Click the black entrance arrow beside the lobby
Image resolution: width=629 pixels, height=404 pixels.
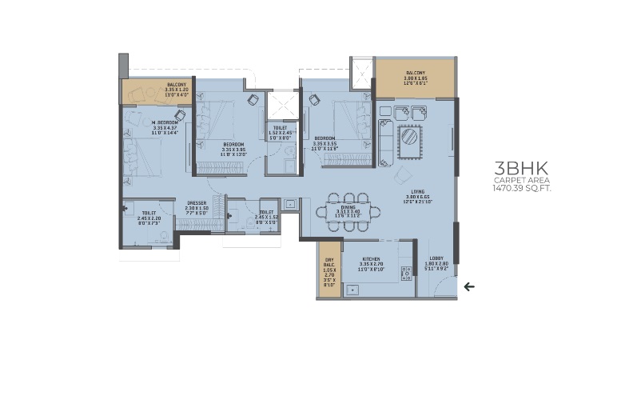tap(469, 286)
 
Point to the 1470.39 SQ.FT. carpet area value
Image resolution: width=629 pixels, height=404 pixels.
tap(524, 190)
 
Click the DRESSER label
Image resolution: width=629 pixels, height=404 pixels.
tap(197, 203)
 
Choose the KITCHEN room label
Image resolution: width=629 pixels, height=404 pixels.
tap(372, 260)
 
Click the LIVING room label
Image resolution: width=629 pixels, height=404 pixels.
tap(417, 192)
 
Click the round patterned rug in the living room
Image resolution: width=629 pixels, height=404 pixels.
tap(411, 140)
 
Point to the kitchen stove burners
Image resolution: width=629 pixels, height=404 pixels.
tap(408, 272)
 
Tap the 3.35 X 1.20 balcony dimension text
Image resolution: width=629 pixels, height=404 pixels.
tap(176, 90)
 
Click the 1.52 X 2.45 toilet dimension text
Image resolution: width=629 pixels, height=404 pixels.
tap(280, 133)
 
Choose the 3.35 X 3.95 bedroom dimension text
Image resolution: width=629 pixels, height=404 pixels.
tap(234, 149)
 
